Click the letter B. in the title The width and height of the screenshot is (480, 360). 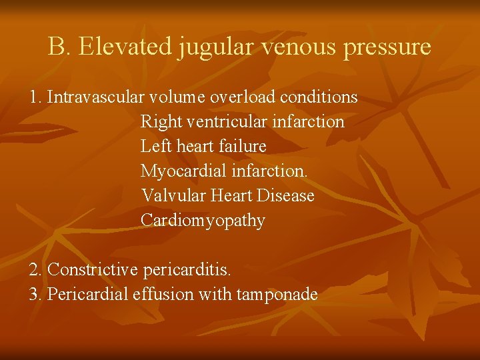(58, 47)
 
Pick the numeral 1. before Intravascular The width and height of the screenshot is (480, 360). (36, 97)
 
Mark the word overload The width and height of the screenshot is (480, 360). (243, 97)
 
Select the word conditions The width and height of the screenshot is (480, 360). (319, 97)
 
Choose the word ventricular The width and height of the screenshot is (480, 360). (218, 122)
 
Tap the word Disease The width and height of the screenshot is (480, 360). (287, 196)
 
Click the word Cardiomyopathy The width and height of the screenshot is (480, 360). (203, 221)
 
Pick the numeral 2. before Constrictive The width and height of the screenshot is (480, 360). (37, 270)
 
